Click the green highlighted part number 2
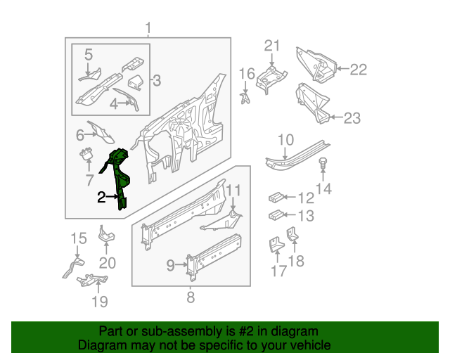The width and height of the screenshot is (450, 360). [119, 178]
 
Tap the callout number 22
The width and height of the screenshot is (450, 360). [359, 70]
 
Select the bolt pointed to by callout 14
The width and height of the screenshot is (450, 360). [323, 163]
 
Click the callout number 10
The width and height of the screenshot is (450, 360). [286, 140]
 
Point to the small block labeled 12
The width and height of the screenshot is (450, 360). [276, 198]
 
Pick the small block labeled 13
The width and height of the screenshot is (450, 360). [276, 215]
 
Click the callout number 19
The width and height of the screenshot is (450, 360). [100, 302]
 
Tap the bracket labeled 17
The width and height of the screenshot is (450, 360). [276, 244]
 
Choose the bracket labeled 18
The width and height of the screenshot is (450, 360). [292, 233]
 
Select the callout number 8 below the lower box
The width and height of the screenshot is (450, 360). [191, 297]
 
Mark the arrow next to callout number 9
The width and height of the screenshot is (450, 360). [181, 264]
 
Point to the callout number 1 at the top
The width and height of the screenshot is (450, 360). [148, 28]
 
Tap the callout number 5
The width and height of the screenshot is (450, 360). [89, 54]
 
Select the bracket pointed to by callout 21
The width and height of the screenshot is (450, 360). [271, 78]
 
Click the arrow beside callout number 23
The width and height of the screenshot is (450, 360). [336, 117]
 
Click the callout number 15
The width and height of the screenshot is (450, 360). [79, 238]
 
